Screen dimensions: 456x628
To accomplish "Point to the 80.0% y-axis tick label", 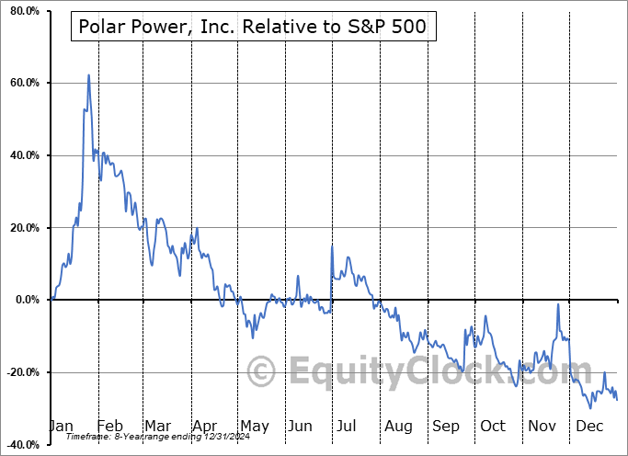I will (x=23, y=11).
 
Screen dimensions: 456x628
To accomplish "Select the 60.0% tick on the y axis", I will (x=23, y=84).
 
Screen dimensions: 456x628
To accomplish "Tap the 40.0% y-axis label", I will (x=23, y=155).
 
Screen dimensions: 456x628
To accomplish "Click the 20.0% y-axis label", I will (x=23, y=228).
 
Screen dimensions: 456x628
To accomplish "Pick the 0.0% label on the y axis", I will (x=26, y=300).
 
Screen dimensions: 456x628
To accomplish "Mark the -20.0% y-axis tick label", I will (x=21, y=372).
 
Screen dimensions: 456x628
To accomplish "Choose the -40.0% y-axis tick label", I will (x=21, y=444).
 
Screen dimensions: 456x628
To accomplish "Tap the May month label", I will (x=254, y=426).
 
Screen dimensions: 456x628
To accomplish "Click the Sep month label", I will (x=446, y=426).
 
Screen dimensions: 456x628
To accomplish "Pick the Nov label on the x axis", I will (x=542, y=426).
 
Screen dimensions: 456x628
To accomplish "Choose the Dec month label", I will (x=590, y=426).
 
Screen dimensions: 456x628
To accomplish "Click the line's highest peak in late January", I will (x=88, y=75).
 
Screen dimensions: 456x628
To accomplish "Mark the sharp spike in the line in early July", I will (x=332, y=246).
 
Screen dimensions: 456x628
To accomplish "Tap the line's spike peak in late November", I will (x=558, y=304).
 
